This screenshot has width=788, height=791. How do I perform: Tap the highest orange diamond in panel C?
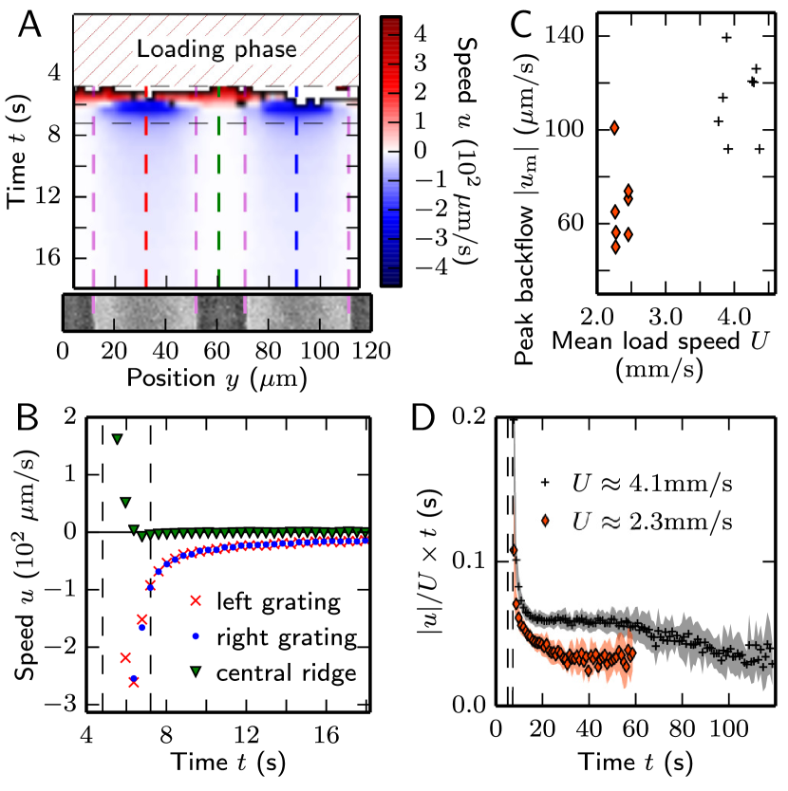(x=614, y=127)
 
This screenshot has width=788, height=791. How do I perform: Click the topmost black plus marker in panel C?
(x=727, y=37)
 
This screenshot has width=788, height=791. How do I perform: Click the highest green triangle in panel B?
(x=117, y=439)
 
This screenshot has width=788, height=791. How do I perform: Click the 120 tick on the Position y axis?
(x=362, y=350)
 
